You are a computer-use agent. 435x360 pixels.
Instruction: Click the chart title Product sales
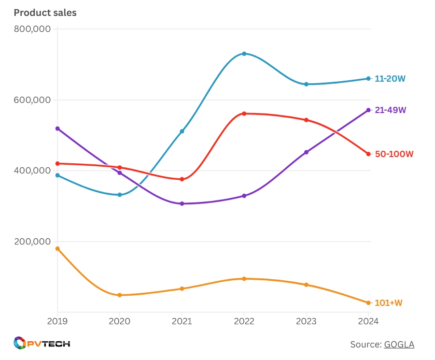coord(45,13)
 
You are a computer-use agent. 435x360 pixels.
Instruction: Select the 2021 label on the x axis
coord(182,320)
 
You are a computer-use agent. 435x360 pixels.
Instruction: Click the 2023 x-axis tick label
coord(306,320)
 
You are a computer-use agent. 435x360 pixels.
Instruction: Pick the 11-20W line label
coord(390,79)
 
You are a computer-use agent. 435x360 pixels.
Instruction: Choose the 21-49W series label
coord(390,110)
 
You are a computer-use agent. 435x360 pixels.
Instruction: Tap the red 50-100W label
coord(394,154)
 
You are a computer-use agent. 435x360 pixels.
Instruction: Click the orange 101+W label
coord(389,303)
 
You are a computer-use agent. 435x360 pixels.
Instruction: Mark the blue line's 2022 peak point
coord(244,54)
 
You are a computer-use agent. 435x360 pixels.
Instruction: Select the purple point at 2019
coord(57,129)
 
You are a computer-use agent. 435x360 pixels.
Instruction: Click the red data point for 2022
coord(244,114)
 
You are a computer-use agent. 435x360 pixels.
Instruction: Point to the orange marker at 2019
coord(57,249)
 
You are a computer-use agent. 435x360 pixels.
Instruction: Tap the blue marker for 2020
coord(120,195)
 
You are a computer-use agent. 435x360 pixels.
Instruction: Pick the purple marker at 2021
coord(182,204)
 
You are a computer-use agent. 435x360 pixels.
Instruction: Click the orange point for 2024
coord(368,303)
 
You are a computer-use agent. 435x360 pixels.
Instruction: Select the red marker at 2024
coord(368,154)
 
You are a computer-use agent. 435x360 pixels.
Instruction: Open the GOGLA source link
coord(399,345)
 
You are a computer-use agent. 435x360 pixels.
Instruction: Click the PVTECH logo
coord(42,344)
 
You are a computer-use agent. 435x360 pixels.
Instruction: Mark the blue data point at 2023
coord(306,84)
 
